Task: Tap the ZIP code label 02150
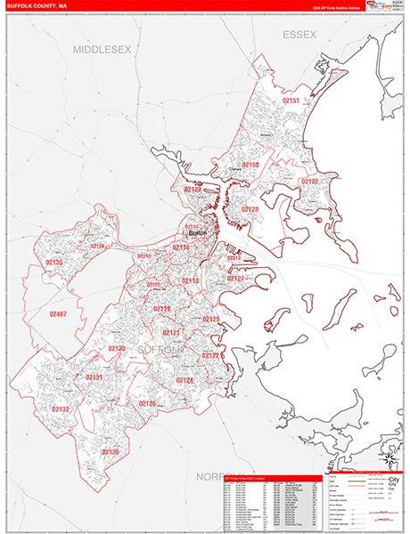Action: (x=250, y=166)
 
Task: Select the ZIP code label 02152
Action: (x=309, y=181)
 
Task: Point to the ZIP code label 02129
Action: (x=193, y=189)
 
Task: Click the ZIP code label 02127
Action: (x=235, y=279)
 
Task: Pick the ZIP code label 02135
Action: (x=53, y=263)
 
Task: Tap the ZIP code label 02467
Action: (x=59, y=314)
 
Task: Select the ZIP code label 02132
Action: (x=61, y=409)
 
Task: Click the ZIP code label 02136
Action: (x=110, y=451)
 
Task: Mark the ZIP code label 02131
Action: (x=94, y=377)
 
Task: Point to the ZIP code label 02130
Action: (x=116, y=348)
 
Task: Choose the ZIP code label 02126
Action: (x=147, y=403)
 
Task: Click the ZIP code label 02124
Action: (x=184, y=380)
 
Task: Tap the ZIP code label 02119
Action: (x=161, y=308)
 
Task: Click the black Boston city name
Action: (x=198, y=234)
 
